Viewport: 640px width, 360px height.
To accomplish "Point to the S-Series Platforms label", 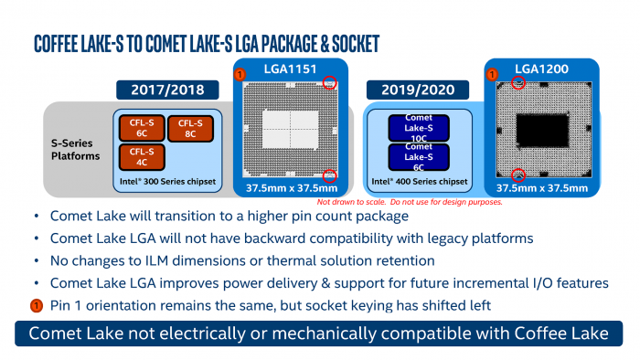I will pos(75,149).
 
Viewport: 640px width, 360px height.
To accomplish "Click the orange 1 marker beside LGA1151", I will pos(240,73).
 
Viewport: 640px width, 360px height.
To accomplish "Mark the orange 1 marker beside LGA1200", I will pos(492,73).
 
